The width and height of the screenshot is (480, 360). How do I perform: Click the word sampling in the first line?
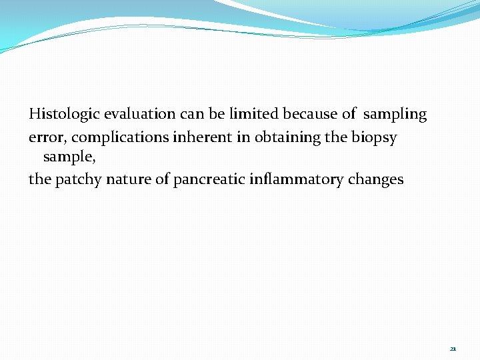(396, 115)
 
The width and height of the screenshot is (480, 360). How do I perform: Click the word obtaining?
(266, 137)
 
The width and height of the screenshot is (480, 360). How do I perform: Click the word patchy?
(76, 180)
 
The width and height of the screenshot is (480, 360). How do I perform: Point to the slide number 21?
(453, 349)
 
